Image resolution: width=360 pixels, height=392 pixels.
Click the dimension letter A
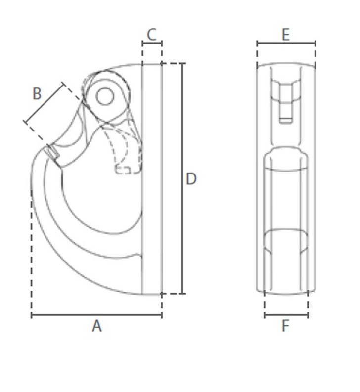point(97,326)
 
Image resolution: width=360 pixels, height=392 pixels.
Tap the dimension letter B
point(37,94)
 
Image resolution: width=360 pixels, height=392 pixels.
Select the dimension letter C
point(152,34)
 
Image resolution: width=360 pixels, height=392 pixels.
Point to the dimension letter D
point(191,179)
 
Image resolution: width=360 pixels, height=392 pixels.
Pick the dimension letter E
point(286,34)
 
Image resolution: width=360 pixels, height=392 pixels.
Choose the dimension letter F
point(285,326)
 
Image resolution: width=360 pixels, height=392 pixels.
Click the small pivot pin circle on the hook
point(105,96)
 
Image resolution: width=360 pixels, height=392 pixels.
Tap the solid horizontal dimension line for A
point(97,315)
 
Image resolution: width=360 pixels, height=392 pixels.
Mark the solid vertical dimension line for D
point(183,178)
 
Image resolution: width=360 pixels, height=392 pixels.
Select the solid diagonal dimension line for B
point(45,103)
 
